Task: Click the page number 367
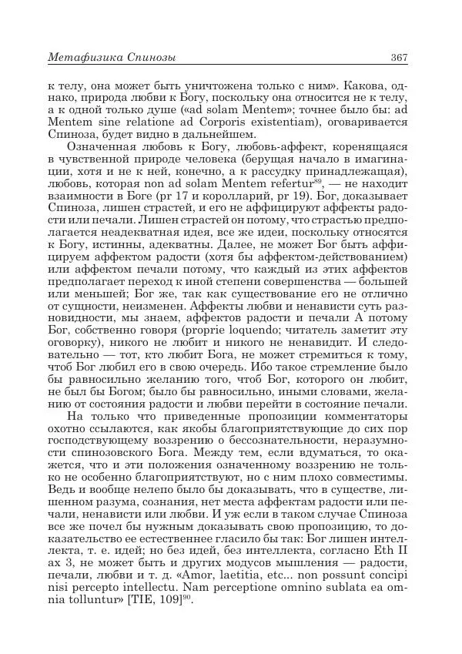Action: coord(398,58)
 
